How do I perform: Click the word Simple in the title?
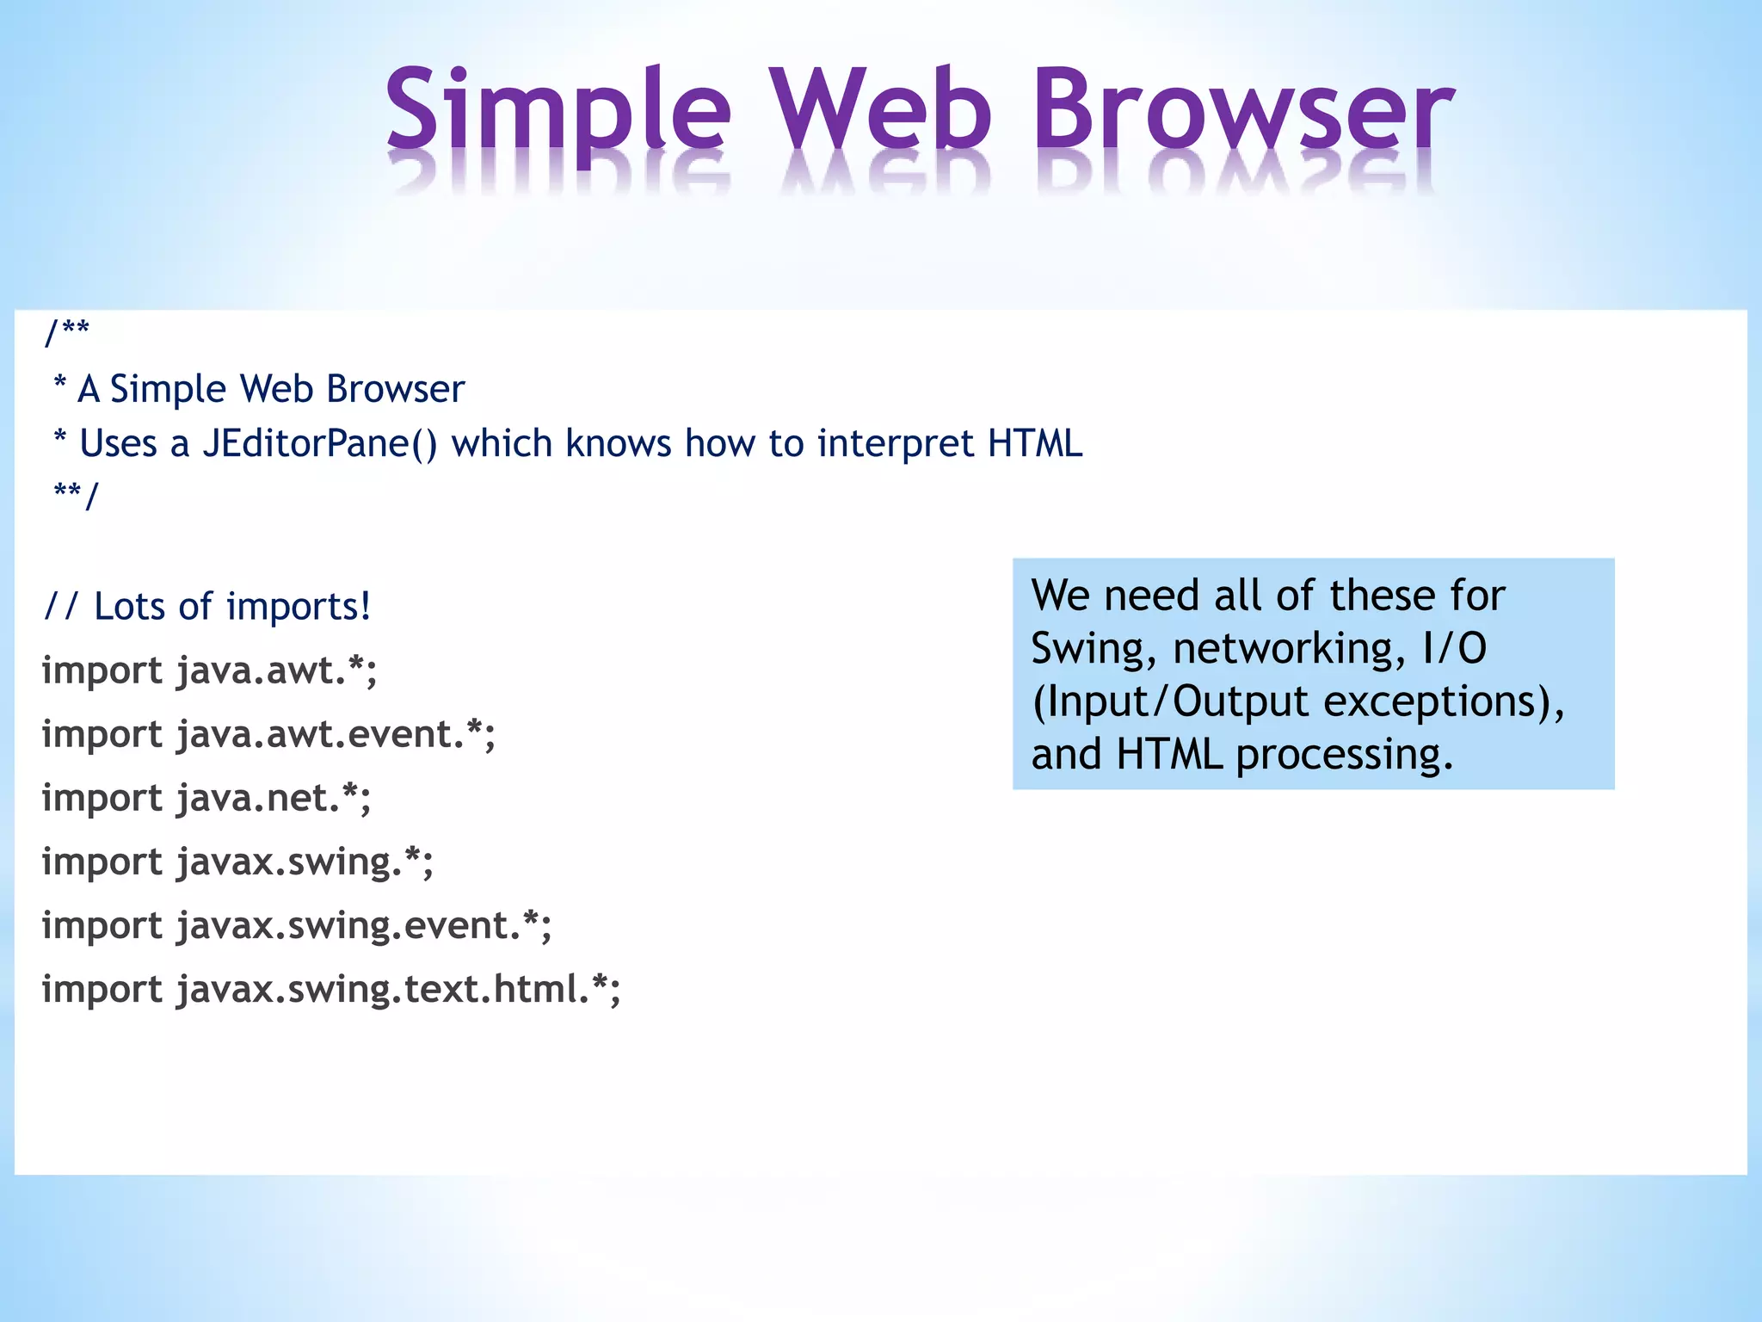(x=558, y=112)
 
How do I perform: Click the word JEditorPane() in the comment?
(x=319, y=444)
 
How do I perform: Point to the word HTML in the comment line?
(x=1034, y=444)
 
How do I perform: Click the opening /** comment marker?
(x=67, y=331)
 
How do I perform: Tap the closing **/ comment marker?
(x=76, y=495)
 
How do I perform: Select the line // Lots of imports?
(x=206, y=607)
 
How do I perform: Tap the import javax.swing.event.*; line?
(x=297, y=926)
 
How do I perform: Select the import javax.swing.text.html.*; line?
(x=331, y=990)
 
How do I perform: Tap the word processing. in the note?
(x=1344, y=755)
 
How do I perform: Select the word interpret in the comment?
(x=895, y=444)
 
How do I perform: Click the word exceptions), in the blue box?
(x=1444, y=702)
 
